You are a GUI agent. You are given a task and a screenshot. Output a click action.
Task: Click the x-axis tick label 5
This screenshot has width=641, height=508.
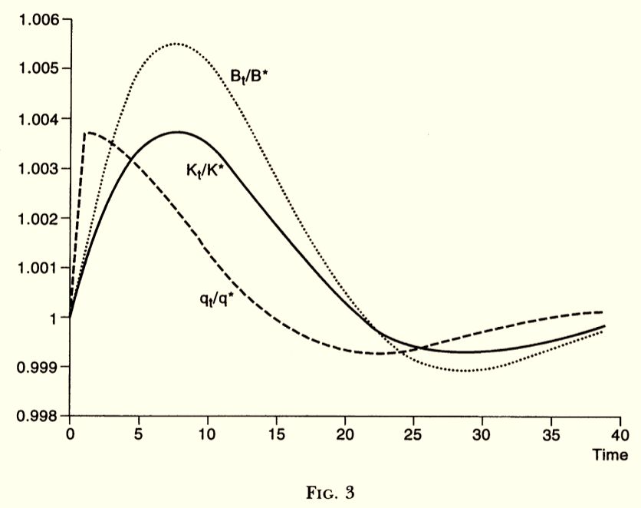[138, 433]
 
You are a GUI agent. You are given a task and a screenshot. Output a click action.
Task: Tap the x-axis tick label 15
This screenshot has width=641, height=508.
[275, 433]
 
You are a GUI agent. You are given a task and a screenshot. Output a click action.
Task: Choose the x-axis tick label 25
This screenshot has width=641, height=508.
[413, 433]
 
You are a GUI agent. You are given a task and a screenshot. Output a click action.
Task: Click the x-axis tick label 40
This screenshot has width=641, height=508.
[618, 433]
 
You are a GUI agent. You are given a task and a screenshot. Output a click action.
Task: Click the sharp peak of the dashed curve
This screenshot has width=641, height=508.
[86, 133]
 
